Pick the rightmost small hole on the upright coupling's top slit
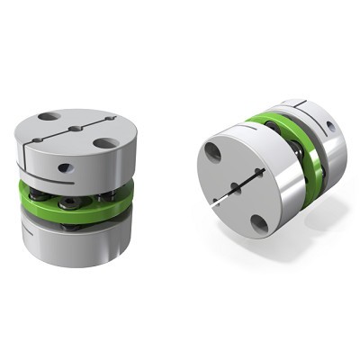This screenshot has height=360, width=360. click(109, 119)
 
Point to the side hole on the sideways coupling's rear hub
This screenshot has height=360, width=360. click(332, 126)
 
